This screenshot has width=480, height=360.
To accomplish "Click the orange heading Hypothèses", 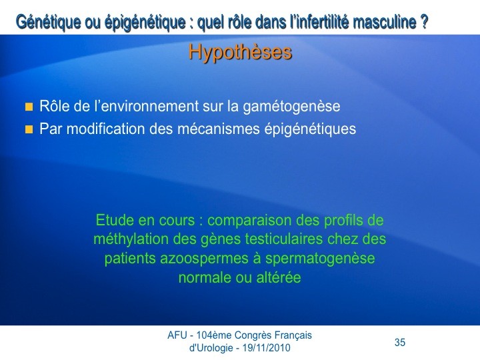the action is tap(240, 52).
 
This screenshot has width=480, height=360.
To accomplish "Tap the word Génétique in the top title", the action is tap(49, 23).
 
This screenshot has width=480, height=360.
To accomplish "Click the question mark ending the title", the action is tap(424, 21).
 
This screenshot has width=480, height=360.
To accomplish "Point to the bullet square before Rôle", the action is tap(29, 107).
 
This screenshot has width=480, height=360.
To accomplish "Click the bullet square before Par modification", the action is tap(29, 129).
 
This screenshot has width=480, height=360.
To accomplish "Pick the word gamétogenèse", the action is tap(291, 107).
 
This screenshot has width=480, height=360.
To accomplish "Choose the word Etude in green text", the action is tap(115, 220).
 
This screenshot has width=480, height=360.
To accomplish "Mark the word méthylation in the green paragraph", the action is tap(131, 239).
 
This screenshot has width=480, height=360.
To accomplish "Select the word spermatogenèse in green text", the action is tap(320, 259).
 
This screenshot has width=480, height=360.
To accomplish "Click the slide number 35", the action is tap(400, 342).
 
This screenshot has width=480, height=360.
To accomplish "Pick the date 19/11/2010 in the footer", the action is tap(266, 348).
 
